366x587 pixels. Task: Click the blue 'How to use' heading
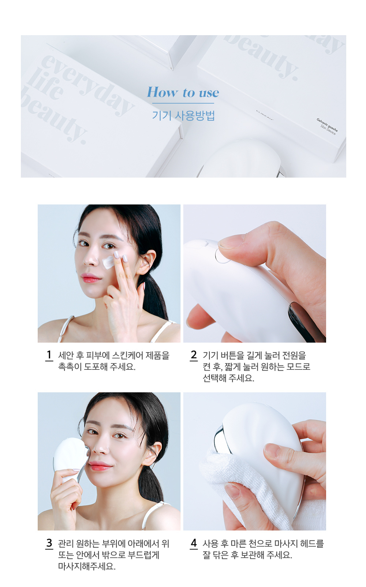tap(183, 92)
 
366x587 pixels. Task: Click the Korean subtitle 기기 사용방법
tap(183, 115)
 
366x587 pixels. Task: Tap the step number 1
tap(49, 355)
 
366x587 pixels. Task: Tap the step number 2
tap(194, 355)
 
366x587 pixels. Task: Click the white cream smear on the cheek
tap(108, 262)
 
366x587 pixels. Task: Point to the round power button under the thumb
tap(221, 255)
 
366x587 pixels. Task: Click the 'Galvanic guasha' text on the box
tap(327, 125)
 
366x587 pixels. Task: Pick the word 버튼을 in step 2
tap(229, 356)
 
